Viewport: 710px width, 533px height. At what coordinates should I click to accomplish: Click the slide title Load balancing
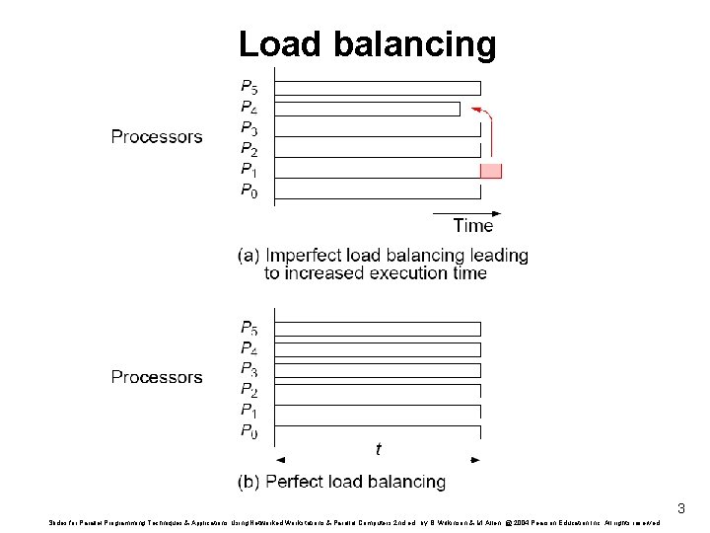367,44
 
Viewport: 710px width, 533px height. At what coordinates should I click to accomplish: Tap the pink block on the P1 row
491,171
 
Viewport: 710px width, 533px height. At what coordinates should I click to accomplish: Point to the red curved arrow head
475,109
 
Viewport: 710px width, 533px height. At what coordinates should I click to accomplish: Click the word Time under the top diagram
473,225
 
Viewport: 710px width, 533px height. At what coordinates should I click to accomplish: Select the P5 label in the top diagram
249,87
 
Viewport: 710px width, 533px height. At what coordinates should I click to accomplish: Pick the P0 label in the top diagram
249,190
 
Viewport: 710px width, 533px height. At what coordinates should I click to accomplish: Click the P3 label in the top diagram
249,128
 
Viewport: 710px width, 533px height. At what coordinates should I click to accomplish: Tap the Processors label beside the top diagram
157,136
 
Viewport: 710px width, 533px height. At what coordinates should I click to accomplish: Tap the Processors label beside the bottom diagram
157,377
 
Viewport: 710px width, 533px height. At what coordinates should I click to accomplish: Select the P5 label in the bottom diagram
249,328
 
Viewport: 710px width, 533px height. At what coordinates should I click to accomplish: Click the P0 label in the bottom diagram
249,431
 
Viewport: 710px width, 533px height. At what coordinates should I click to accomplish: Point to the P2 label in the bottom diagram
249,390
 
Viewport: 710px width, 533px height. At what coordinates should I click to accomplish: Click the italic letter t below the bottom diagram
379,450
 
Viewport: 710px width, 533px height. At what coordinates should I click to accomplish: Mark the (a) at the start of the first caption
249,256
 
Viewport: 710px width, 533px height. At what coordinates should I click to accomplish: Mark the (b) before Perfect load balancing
249,483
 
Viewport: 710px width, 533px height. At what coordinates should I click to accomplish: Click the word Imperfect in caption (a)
309,256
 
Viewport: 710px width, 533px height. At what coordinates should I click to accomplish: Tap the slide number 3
680,509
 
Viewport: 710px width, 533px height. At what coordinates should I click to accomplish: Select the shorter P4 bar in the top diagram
368,109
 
